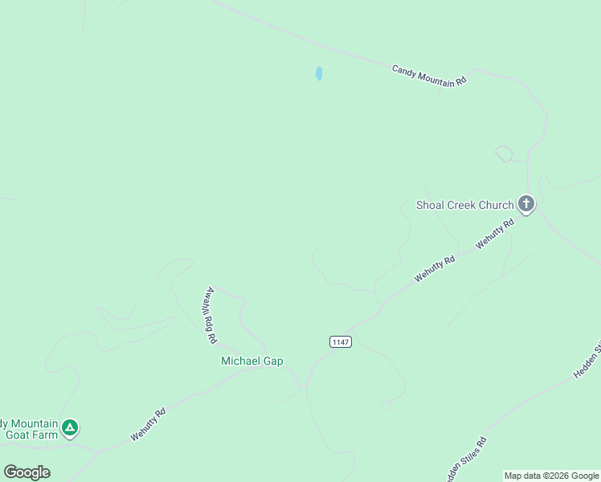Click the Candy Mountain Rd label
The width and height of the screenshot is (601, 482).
tap(429, 76)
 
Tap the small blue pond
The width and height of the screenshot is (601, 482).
tap(319, 73)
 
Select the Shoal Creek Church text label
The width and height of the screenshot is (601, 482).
tap(464, 205)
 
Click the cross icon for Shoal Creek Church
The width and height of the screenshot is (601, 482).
tap(526, 204)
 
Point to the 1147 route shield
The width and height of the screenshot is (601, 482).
tap(341, 341)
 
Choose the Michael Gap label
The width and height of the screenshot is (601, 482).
tap(252, 361)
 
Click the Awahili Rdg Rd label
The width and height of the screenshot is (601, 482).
tap(211, 316)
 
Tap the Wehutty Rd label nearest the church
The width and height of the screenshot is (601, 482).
tap(494, 234)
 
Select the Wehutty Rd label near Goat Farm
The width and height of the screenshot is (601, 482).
tap(148, 425)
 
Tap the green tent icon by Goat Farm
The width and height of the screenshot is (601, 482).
tap(70, 427)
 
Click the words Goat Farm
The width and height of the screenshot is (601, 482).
tap(32, 435)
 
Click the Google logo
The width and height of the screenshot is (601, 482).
tap(27, 472)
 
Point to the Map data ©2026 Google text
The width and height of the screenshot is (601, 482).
tap(551, 476)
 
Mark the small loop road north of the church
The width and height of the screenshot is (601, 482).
tap(504, 153)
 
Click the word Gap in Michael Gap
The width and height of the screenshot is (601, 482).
tap(273, 361)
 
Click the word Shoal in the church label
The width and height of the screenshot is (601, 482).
tap(431, 205)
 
